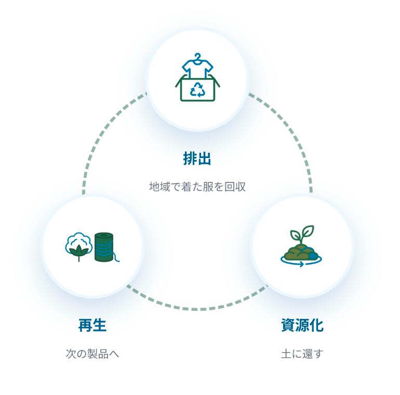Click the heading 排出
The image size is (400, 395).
(x=197, y=159)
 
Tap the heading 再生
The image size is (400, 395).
(x=92, y=326)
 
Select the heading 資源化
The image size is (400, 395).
(x=302, y=326)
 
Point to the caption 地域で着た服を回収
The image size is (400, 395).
(x=197, y=187)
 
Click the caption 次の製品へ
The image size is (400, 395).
(x=92, y=354)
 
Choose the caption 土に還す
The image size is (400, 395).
(x=302, y=354)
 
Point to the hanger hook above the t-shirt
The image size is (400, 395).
(x=197, y=56)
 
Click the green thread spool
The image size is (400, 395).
(x=104, y=246)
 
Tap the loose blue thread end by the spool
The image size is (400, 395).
(x=117, y=257)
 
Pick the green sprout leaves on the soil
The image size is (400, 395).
(x=303, y=234)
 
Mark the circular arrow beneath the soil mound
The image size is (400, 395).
(x=300, y=264)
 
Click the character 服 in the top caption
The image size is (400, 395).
(x=209, y=187)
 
